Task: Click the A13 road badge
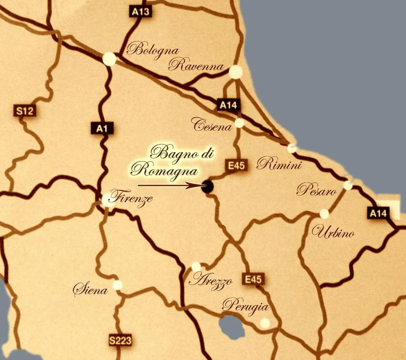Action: (x=140, y=12)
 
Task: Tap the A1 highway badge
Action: (x=102, y=128)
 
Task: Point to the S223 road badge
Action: (x=120, y=341)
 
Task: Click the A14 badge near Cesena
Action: (x=228, y=105)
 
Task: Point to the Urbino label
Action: (x=333, y=233)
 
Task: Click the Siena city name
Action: (x=90, y=289)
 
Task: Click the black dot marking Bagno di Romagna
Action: (x=208, y=186)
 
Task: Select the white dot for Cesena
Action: (x=239, y=123)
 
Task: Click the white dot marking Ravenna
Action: (x=236, y=72)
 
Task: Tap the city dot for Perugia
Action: (x=265, y=323)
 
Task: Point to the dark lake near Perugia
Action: (x=232, y=327)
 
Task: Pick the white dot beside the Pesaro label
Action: (x=348, y=185)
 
